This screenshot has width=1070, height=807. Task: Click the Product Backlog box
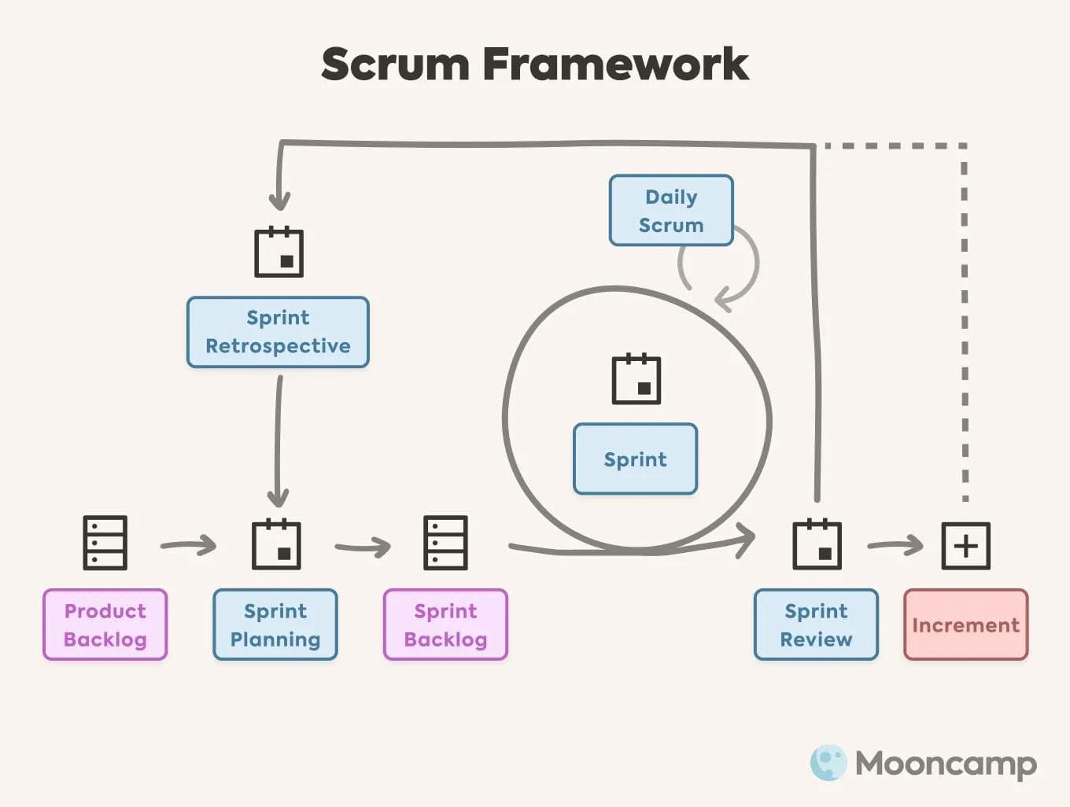click(105, 625)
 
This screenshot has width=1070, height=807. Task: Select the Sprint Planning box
click(275, 625)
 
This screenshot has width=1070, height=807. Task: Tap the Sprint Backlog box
click(445, 625)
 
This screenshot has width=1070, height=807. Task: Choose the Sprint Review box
click(816, 625)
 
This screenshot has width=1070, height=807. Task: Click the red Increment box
click(965, 625)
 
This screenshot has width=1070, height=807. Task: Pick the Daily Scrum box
click(671, 211)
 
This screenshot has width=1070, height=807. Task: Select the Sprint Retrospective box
click(278, 332)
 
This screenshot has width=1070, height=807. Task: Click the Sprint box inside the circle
click(635, 459)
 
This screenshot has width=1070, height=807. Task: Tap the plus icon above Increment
click(965, 545)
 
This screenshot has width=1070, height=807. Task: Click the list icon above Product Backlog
click(105, 543)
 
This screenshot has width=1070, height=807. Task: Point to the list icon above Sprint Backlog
click(445, 543)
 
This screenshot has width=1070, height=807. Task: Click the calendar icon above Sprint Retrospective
click(279, 252)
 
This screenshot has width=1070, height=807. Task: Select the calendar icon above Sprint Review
click(817, 544)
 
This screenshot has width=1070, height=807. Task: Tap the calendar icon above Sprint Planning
click(276, 544)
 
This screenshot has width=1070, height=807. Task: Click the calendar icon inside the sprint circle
click(636, 379)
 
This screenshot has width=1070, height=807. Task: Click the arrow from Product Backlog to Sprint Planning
click(189, 544)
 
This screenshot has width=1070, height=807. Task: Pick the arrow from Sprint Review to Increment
click(895, 544)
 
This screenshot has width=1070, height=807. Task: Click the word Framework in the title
click(614, 64)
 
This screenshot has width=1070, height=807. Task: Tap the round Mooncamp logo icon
click(828, 762)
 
